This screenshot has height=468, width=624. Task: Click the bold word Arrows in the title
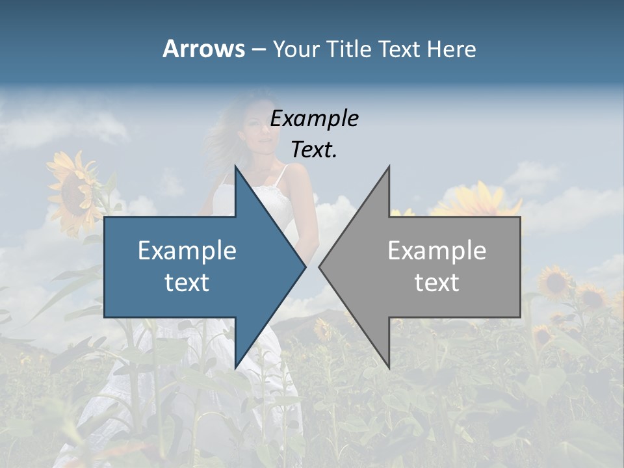(x=203, y=49)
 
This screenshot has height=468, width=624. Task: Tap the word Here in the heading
(x=451, y=49)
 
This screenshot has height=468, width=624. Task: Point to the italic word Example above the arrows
(x=314, y=118)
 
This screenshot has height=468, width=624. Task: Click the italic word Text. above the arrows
(x=314, y=150)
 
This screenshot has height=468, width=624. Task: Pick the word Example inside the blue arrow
(x=187, y=250)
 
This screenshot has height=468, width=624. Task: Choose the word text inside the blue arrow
(x=187, y=282)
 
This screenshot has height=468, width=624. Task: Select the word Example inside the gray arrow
(x=437, y=250)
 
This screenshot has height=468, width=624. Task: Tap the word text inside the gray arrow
(x=437, y=282)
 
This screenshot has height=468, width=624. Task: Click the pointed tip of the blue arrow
(x=305, y=266)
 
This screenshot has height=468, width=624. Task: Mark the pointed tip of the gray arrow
(x=320, y=266)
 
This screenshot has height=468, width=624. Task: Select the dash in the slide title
(x=258, y=49)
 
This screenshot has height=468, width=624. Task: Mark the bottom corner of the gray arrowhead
(x=389, y=367)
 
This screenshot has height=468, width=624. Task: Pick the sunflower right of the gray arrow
(x=556, y=281)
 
